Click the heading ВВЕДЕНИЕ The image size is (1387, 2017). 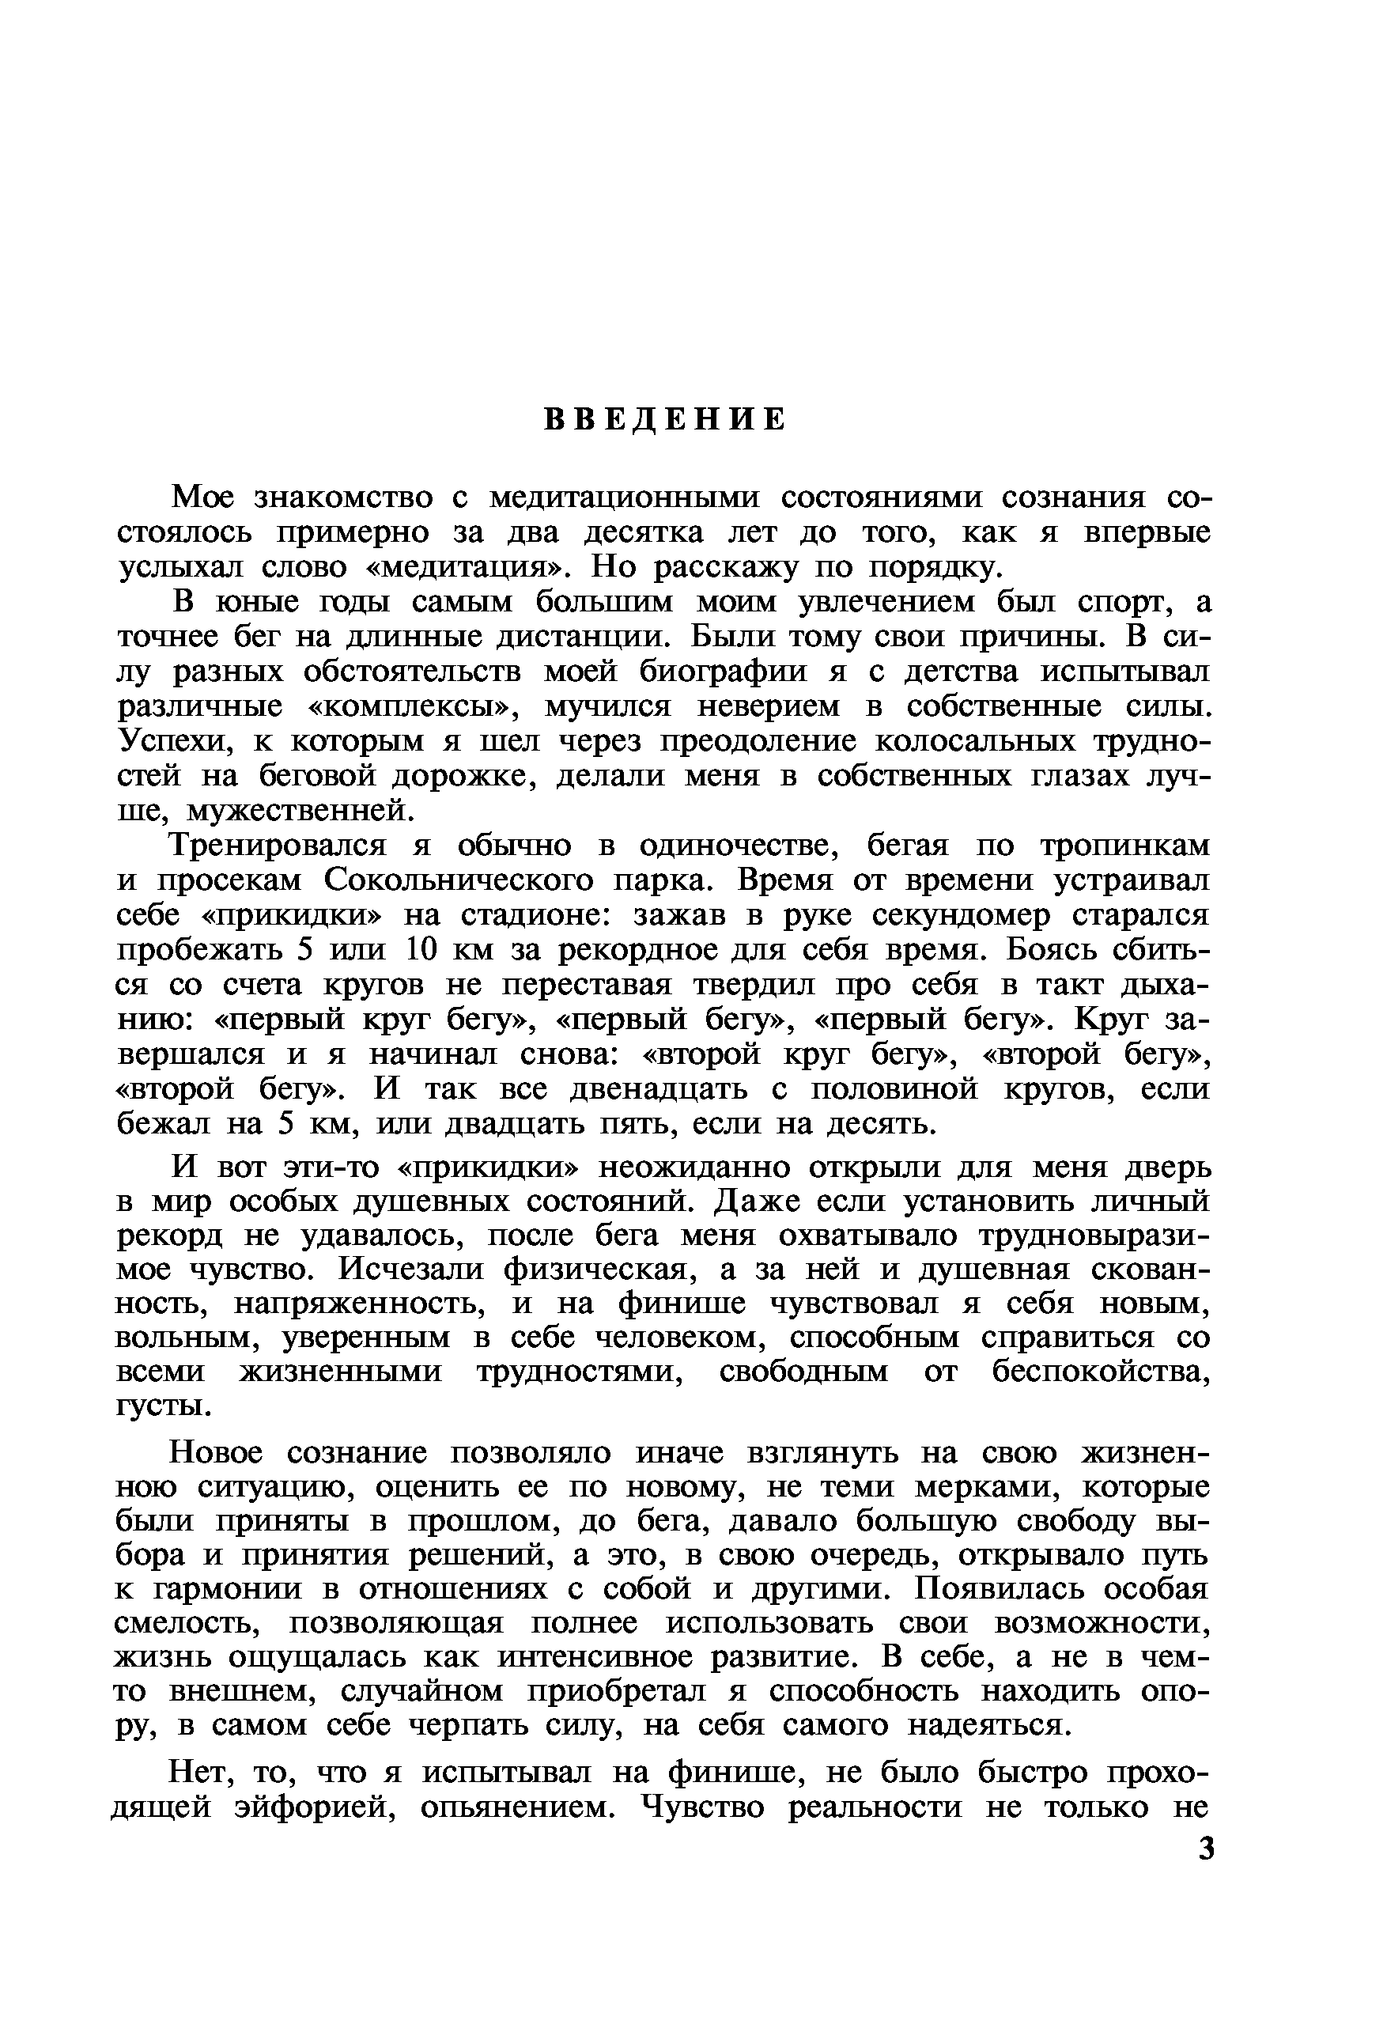pyautogui.click(x=666, y=421)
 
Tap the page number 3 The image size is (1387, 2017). pyautogui.click(x=1205, y=1849)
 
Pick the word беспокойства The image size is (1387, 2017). pyautogui.click(x=1100, y=1372)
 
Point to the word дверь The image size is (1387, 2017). pyautogui.click(x=1167, y=1168)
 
